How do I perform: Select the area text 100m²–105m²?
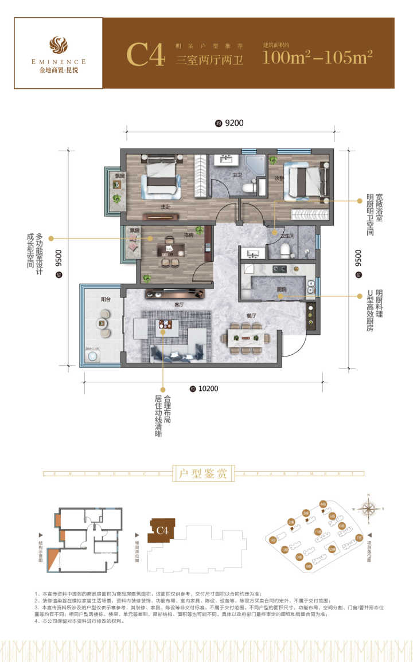coord(318,56)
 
